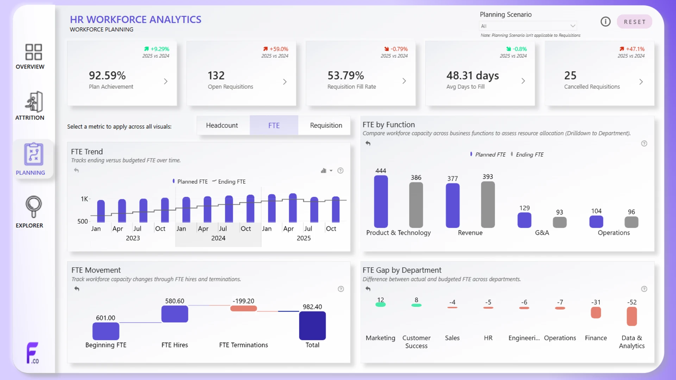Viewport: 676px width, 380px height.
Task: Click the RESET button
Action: pyautogui.click(x=634, y=22)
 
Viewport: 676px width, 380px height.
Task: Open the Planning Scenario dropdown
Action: pyautogui.click(x=528, y=26)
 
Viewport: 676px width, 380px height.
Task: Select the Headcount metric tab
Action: pyautogui.click(x=222, y=125)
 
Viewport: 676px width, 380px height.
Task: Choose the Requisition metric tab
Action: pyautogui.click(x=326, y=125)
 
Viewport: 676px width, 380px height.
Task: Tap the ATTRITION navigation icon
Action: pyautogui.click(x=34, y=102)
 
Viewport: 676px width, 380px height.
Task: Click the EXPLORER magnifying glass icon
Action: pyautogui.click(x=33, y=207)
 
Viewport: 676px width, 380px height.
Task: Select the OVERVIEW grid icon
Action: pyautogui.click(x=34, y=52)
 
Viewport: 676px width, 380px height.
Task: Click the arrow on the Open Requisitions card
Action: pyautogui.click(x=285, y=82)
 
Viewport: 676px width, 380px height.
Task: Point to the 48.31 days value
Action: pyautogui.click(x=472, y=75)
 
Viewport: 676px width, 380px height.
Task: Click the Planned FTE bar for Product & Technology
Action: pyautogui.click(x=381, y=201)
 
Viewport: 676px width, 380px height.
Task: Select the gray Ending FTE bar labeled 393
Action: pyautogui.click(x=488, y=204)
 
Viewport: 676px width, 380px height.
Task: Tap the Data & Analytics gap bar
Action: pyautogui.click(x=632, y=316)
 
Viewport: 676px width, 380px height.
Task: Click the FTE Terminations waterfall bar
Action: pyautogui.click(x=243, y=309)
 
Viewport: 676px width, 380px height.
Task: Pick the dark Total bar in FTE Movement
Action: pyautogui.click(x=312, y=326)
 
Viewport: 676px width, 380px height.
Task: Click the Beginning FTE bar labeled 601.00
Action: pyautogui.click(x=106, y=331)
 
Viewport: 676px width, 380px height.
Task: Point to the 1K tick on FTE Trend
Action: pyautogui.click(x=84, y=199)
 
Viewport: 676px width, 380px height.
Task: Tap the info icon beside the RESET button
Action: pyautogui.click(x=605, y=22)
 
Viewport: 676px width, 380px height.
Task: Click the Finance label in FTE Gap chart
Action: pyautogui.click(x=596, y=338)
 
